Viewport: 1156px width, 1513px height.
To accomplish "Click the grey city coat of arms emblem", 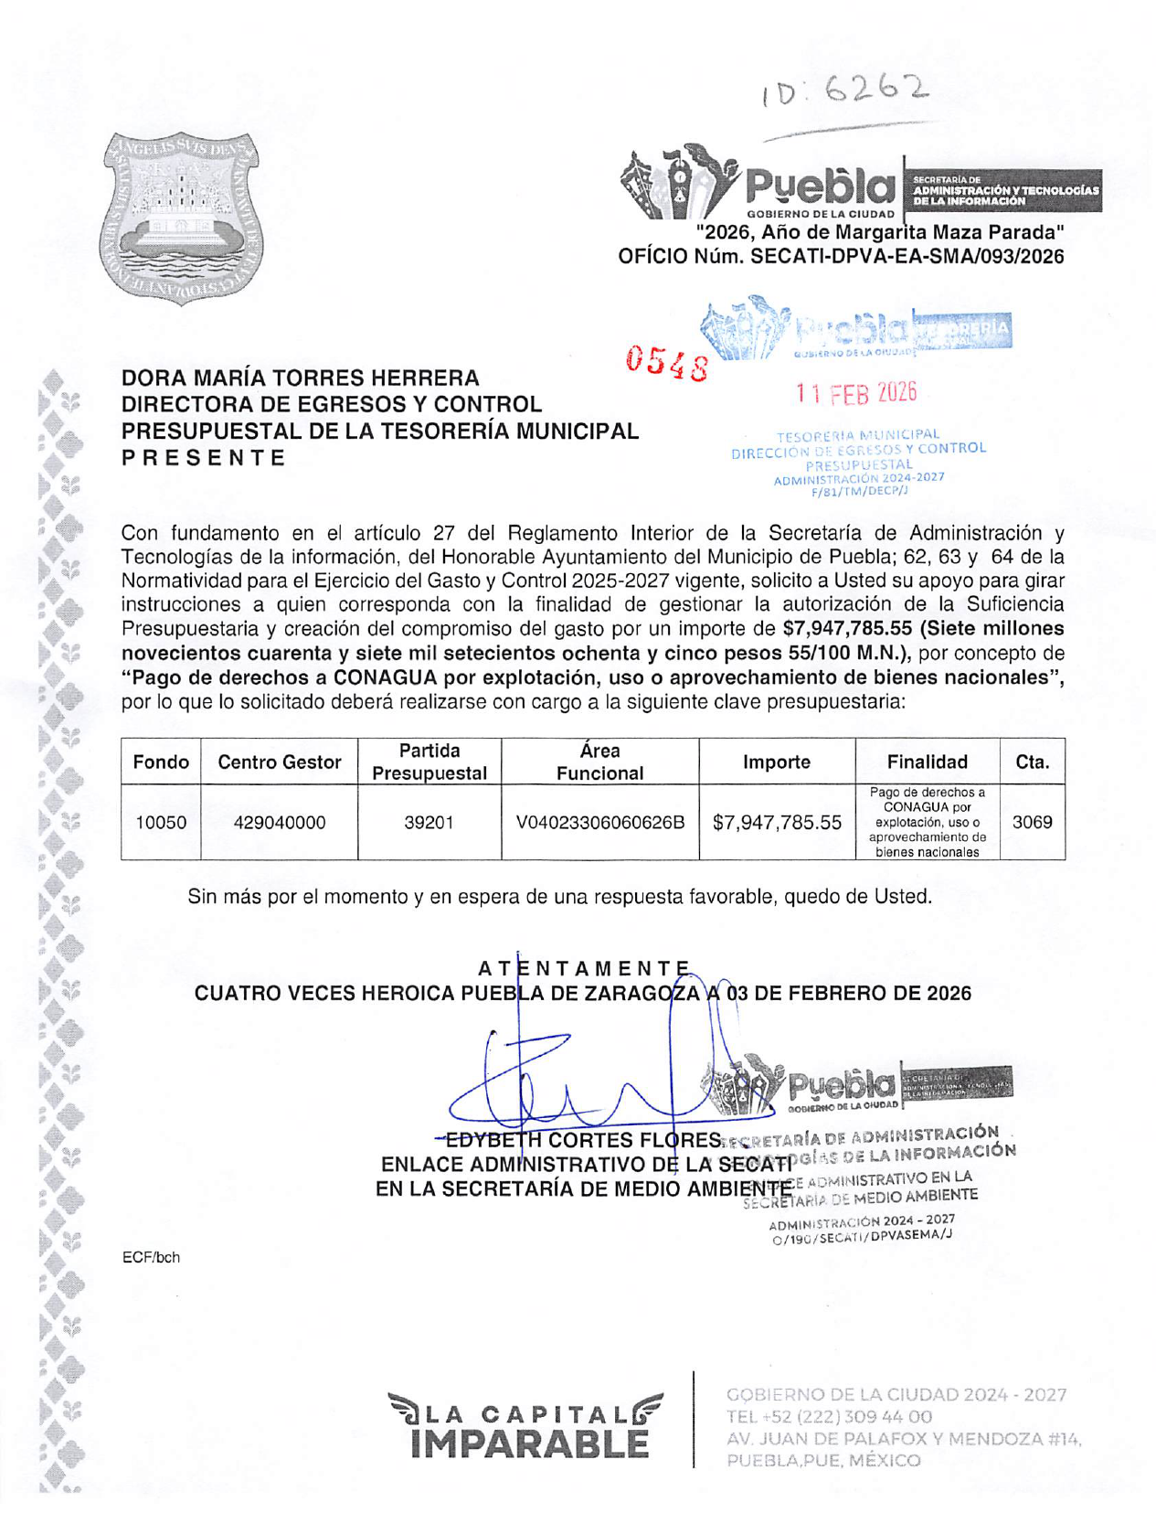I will point(180,218).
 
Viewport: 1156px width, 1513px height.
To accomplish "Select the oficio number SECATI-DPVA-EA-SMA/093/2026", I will point(907,257).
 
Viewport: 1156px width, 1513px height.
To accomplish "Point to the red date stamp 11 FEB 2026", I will point(855,393).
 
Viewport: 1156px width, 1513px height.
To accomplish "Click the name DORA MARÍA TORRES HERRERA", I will point(301,378).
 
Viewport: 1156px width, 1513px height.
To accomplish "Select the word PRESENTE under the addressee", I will point(205,458).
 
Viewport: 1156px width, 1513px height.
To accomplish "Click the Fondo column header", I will point(161,762).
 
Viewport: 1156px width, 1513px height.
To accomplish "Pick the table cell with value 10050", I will point(161,822).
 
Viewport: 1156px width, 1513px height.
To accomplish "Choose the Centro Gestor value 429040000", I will point(279,822).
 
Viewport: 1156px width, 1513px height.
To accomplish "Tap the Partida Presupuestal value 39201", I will point(429,822).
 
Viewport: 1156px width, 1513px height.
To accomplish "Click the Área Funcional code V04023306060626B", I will point(599,822).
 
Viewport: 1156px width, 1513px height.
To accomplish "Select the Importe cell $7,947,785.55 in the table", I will point(776,822).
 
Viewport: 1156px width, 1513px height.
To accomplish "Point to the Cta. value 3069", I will point(1032,822).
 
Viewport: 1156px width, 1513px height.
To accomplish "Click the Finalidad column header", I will point(927,762).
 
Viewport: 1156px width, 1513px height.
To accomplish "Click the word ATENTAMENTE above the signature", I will point(584,968).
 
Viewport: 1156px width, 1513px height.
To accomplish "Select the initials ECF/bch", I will point(151,1257).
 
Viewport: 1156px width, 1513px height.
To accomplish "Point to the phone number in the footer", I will point(829,1416).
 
